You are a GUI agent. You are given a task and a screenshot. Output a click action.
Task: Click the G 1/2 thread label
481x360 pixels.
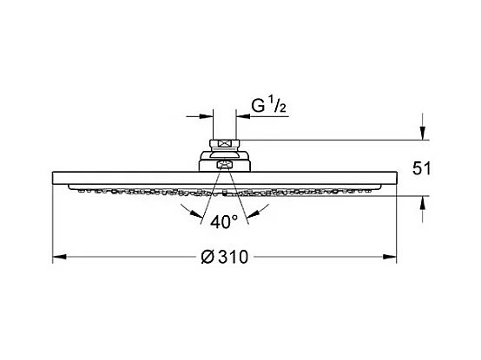click(269, 104)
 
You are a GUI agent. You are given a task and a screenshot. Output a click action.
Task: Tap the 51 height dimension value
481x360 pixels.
click(421, 168)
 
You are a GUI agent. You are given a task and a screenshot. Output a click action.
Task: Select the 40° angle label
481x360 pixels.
click(224, 221)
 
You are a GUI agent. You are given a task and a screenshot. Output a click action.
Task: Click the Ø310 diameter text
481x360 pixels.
click(225, 257)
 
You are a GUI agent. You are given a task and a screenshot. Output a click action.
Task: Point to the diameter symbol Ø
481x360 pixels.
click(208, 257)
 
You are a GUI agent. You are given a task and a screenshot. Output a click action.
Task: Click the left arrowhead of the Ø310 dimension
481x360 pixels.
click(60, 257)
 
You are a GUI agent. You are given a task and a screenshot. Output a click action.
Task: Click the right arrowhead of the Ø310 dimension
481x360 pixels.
click(390, 257)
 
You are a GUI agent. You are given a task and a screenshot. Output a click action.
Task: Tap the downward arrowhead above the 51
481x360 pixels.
click(423, 134)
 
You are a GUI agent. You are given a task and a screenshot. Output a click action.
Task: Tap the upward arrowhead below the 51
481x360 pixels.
click(423, 202)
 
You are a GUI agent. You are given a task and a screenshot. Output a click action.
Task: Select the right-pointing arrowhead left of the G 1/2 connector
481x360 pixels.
click(206, 116)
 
